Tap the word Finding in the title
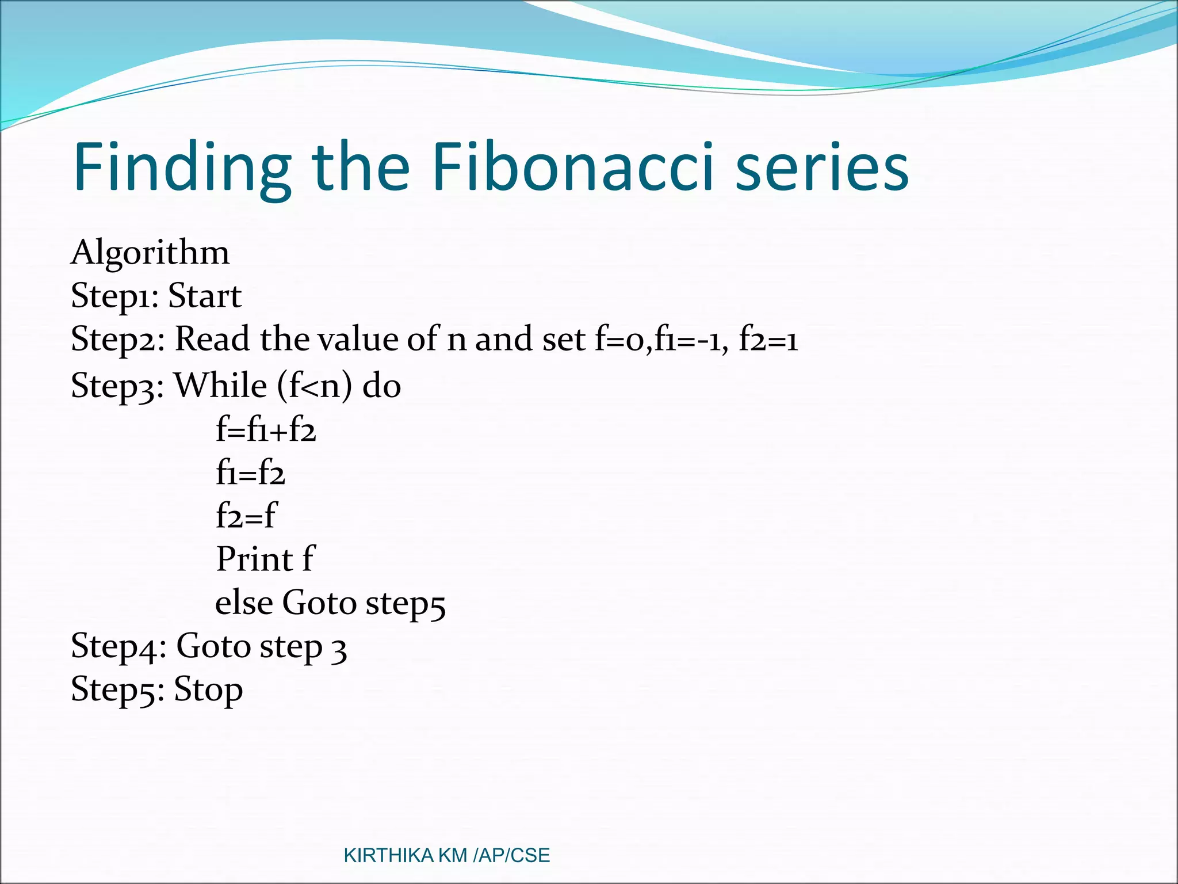(x=182, y=168)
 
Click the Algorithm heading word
(x=150, y=253)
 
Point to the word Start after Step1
(x=205, y=296)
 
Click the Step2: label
(x=118, y=340)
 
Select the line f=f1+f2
(x=266, y=429)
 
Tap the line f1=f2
(x=250, y=473)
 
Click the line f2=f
(x=246, y=516)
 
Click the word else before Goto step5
(x=244, y=603)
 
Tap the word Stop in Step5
(x=208, y=689)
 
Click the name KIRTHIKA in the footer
(x=388, y=856)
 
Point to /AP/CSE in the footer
(x=511, y=856)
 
